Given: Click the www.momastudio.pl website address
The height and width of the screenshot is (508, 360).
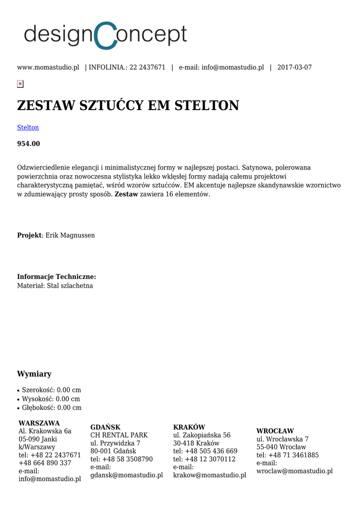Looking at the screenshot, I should (x=48, y=67).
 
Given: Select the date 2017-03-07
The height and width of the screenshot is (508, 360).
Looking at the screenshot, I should (x=294, y=67).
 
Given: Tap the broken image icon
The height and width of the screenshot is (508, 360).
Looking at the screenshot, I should (x=20, y=84).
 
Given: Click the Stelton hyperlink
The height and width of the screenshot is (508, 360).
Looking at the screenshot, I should (x=28, y=127).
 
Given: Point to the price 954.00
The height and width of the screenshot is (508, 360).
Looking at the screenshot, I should (x=28, y=144).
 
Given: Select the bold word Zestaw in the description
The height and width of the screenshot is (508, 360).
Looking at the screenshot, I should (x=126, y=194).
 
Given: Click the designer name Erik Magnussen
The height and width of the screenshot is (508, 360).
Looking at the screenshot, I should (x=70, y=235).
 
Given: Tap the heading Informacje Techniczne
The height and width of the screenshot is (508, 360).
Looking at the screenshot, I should (x=57, y=277).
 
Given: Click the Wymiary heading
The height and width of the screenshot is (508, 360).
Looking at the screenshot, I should (x=34, y=374).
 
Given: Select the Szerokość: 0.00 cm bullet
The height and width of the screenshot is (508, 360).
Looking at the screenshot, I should (x=51, y=390).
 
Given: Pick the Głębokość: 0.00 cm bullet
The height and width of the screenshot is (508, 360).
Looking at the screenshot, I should (x=52, y=408).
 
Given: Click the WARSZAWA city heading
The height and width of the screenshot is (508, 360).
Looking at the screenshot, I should (x=39, y=423).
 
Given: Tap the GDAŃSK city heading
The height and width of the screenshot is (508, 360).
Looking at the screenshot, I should (x=105, y=427).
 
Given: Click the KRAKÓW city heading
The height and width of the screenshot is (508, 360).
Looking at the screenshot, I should (x=189, y=427).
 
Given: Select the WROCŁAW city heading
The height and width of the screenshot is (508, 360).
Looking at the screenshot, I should (x=275, y=431).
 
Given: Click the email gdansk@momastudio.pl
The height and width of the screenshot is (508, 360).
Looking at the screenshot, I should (x=127, y=475).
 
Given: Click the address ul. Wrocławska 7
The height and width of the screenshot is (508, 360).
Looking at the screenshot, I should (x=283, y=440).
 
